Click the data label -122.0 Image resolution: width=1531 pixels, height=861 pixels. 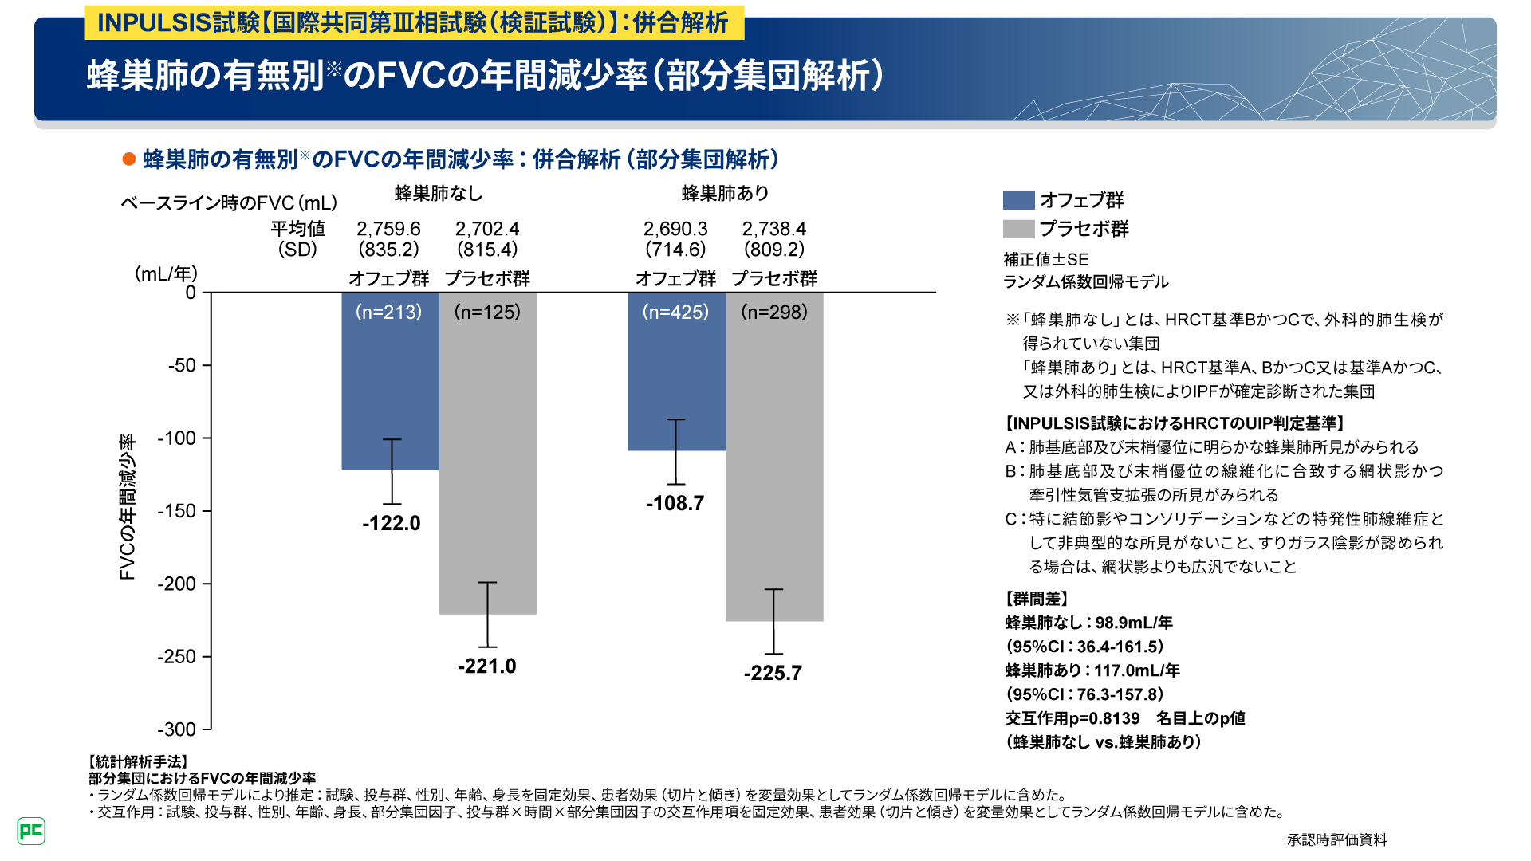pos(391,523)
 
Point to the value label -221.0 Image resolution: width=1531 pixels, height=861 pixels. pos(486,666)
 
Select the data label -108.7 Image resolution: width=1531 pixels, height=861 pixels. pos(675,503)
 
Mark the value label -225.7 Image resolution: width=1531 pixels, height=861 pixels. pos(773,673)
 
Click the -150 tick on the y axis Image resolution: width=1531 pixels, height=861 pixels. pos(176,511)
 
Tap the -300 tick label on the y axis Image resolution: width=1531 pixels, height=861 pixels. pos(176,729)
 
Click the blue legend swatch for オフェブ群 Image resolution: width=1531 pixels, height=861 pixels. pos(1018,200)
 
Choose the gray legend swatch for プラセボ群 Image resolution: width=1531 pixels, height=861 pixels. pos(1018,229)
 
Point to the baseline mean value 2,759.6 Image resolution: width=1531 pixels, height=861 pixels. pos(388,229)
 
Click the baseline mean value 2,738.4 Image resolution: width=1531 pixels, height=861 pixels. pos(773,229)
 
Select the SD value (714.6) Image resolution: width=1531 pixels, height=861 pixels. pos(675,250)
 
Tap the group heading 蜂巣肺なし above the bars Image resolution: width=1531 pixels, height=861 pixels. pos(439,193)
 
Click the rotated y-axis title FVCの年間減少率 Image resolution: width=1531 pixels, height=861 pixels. pos(128,507)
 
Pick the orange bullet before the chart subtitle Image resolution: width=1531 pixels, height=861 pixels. pos(128,159)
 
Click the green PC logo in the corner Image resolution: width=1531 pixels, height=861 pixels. pos(31,832)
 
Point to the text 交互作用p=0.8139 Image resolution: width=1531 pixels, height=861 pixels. pos(1072,718)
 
